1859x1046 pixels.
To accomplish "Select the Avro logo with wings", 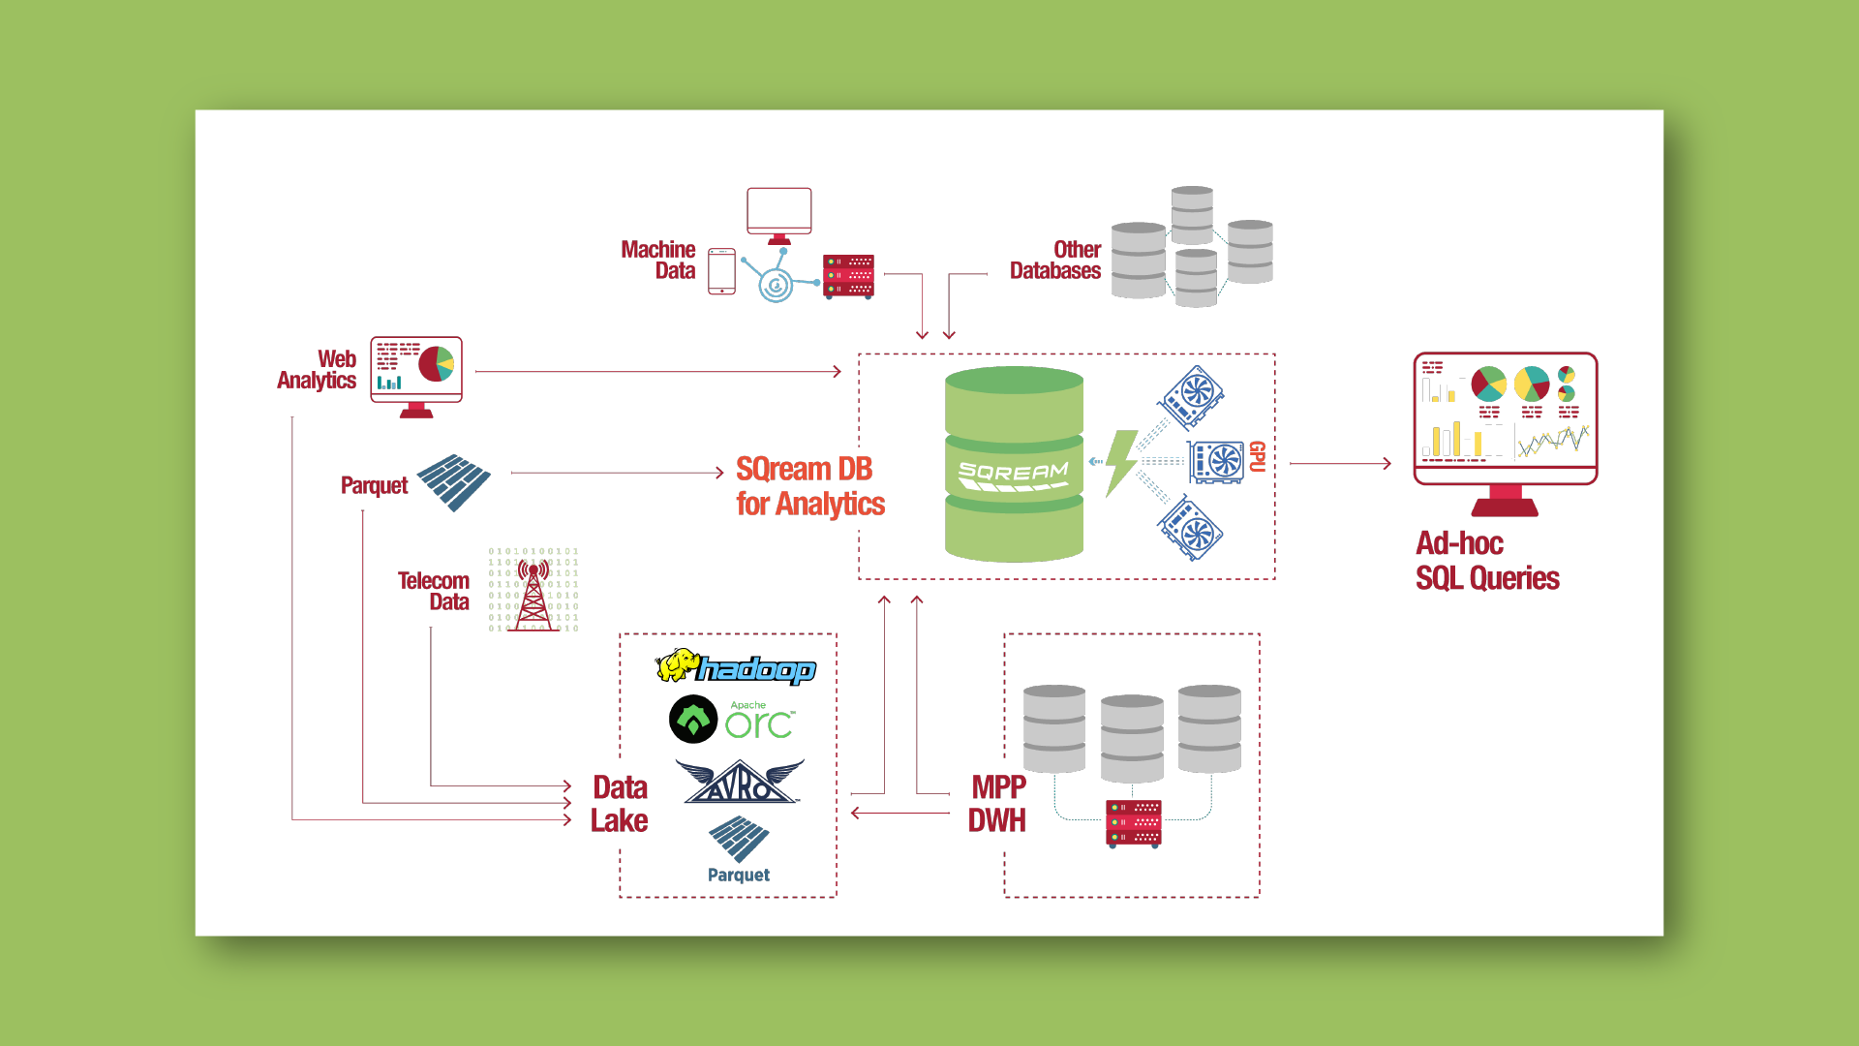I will [740, 783].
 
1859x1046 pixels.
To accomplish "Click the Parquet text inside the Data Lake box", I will [739, 875].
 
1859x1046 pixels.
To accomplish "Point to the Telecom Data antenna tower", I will [533, 593].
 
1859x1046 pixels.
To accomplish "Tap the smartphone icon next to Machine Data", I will [721, 271].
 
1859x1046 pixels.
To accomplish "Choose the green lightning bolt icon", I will [1120, 463].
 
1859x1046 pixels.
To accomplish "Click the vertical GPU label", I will [1257, 456].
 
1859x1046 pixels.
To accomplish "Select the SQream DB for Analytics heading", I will [809, 486].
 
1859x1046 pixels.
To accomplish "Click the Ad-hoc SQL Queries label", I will [1487, 561].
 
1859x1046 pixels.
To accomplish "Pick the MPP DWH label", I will [997, 804].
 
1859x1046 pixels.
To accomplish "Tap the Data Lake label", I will [620, 804].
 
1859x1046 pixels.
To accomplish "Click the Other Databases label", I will [1055, 261].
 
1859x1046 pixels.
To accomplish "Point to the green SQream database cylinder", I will [1014, 464].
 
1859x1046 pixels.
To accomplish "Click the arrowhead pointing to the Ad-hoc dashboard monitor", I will [1387, 464].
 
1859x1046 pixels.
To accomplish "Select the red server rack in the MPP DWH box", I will [1134, 823].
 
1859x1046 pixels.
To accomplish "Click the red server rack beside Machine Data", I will [848, 276].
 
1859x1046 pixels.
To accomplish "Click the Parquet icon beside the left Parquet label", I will [453, 481].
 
